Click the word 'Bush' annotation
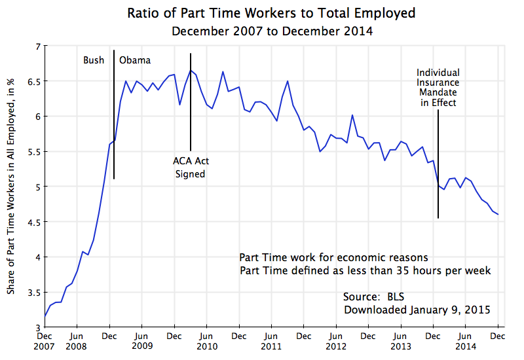click(93, 60)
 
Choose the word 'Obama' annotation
click(135, 60)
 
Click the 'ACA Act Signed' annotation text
click(191, 168)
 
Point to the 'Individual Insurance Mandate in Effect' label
click(438, 88)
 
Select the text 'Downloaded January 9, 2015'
click(417, 310)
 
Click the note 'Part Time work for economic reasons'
click(333, 257)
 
